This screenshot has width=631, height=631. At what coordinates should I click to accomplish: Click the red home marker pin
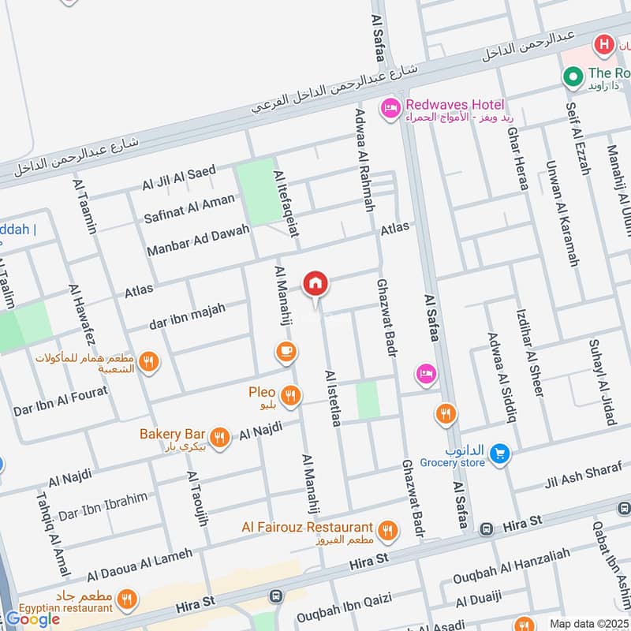[x=315, y=283]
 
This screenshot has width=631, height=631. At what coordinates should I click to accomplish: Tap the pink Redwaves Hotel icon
[x=389, y=107]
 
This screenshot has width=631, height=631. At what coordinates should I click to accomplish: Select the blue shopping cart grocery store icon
[x=498, y=454]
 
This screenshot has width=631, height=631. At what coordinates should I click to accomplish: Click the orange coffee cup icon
[x=286, y=350]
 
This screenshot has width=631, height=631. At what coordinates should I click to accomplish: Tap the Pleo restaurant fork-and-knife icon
[x=291, y=395]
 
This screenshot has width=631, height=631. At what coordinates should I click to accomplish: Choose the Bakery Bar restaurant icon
[x=220, y=437]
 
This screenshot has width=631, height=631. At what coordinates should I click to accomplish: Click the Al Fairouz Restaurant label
[x=308, y=527]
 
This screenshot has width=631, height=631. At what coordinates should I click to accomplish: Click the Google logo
[x=33, y=619]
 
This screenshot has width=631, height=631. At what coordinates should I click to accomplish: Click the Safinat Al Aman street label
[x=189, y=207]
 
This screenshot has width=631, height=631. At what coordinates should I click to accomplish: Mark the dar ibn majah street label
[x=188, y=315]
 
